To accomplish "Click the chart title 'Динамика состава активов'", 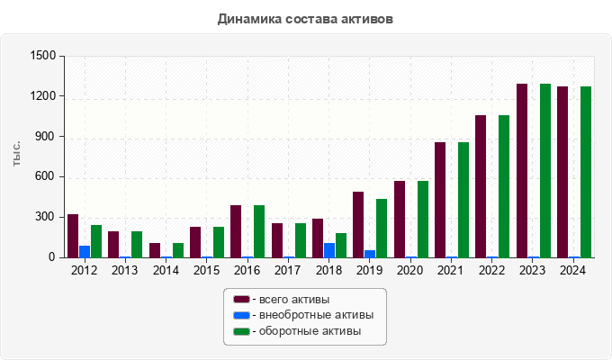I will pyautogui.click(x=305, y=18).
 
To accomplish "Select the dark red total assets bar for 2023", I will pyautogui.click(x=522, y=171).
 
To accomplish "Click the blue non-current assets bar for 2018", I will pyautogui.click(x=329, y=250).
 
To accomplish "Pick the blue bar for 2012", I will pyautogui.click(x=85, y=251).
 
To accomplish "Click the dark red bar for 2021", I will pyautogui.click(x=440, y=200).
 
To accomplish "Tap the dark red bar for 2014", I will pyautogui.click(x=155, y=250).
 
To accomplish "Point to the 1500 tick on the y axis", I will pyautogui.click(x=42, y=56).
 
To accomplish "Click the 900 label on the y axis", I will pyautogui.click(x=46, y=137).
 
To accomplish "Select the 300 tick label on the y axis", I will pyautogui.click(x=46, y=217).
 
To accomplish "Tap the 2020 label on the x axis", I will pyautogui.click(x=410, y=270).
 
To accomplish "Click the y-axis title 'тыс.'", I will pyautogui.click(x=16, y=155).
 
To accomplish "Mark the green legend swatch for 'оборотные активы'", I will pyautogui.click(x=241, y=332).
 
